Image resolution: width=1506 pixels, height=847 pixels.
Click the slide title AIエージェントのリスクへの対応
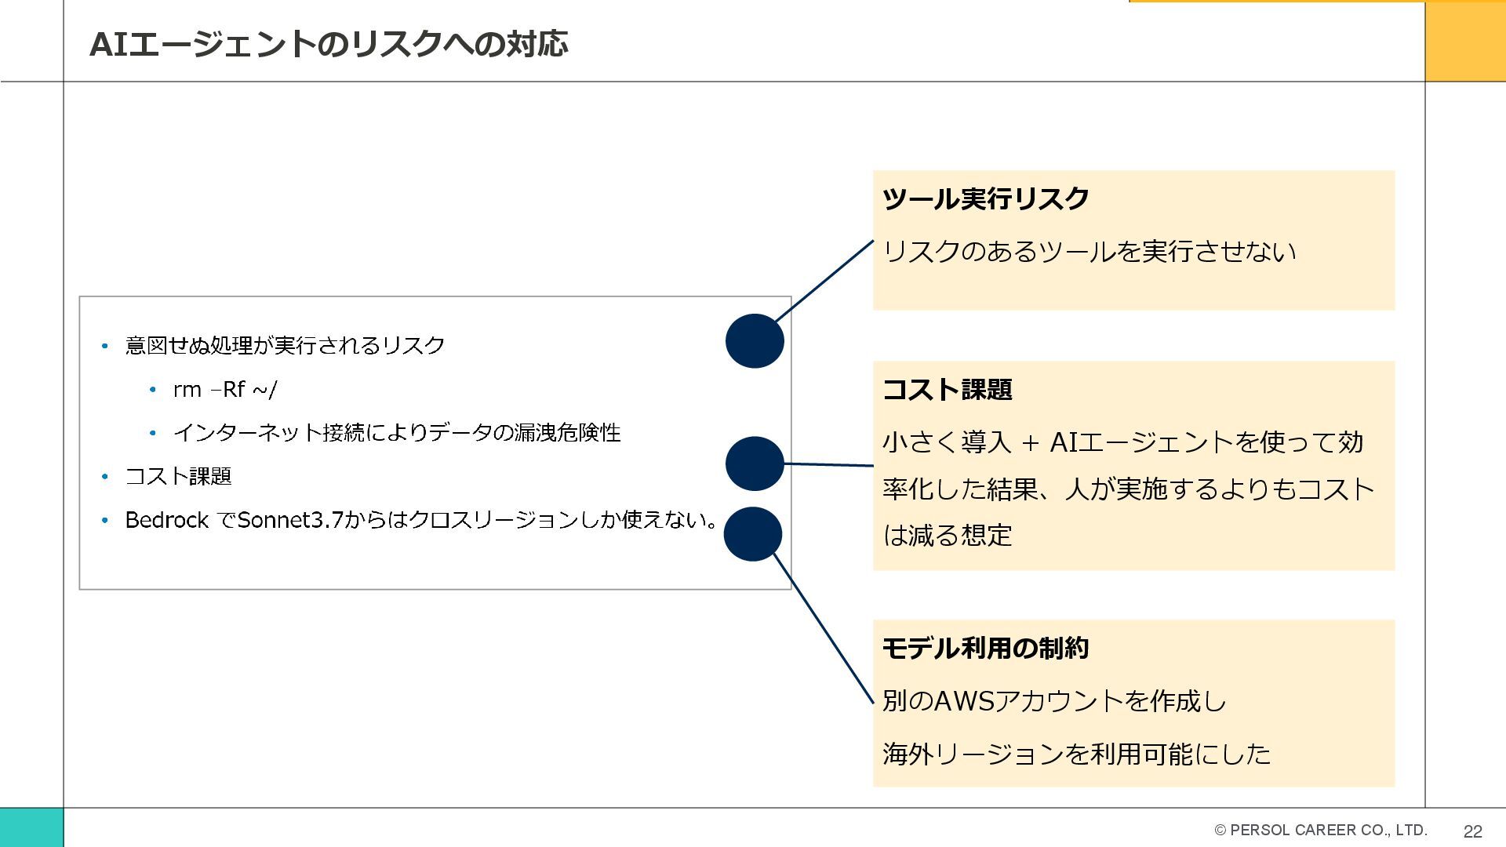click(x=328, y=44)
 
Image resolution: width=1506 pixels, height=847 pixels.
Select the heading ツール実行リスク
click(x=985, y=198)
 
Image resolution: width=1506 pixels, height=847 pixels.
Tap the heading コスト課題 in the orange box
click(x=947, y=390)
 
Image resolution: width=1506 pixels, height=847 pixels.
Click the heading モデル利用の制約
click(x=985, y=649)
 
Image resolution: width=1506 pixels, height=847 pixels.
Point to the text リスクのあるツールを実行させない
click(x=1089, y=252)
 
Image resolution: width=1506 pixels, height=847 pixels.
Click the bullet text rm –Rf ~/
click(x=224, y=390)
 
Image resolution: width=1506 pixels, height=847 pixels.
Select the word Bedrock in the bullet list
click(x=166, y=520)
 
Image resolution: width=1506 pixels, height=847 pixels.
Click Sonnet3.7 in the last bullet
click(x=290, y=520)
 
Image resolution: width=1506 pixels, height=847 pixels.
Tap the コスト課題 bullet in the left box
click(x=178, y=476)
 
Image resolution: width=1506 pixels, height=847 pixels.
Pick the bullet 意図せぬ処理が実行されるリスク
click(x=285, y=346)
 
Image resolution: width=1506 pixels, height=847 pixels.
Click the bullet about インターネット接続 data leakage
click(x=396, y=433)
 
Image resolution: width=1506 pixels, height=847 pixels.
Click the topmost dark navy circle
click(x=755, y=341)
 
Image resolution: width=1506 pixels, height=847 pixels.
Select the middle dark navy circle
click(x=755, y=463)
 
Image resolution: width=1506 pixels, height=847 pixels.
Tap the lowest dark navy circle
click(x=753, y=534)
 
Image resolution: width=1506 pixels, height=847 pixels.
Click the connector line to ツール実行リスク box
click(x=824, y=281)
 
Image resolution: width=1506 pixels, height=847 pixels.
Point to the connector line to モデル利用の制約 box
click(x=824, y=627)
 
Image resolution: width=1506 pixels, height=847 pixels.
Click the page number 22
click(x=1472, y=831)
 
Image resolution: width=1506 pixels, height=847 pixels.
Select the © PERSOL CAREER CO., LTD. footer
click(x=1320, y=830)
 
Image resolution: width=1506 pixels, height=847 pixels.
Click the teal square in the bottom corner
click(x=31, y=827)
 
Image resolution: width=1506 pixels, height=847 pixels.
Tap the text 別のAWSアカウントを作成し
click(x=1053, y=700)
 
